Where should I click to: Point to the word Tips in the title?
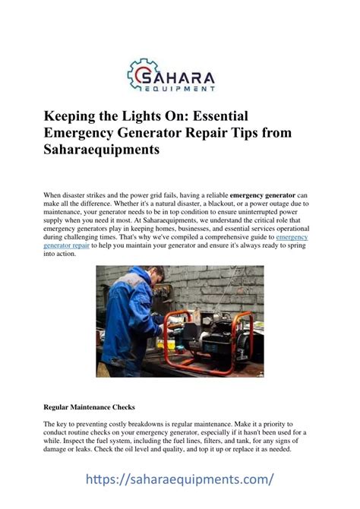coord(238,133)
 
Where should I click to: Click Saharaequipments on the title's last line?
coord(106,150)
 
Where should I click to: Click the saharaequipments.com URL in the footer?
coord(179,480)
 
